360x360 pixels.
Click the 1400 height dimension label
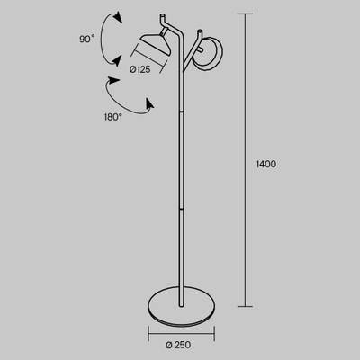tap(266, 164)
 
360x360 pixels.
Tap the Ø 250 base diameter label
tap(178, 345)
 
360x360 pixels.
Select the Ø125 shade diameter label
tap(140, 69)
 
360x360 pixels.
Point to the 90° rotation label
tap(87, 39)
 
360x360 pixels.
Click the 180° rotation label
tap(113, 117)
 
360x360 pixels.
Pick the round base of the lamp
tap(182, 307)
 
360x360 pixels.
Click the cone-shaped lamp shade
tap(156, 44)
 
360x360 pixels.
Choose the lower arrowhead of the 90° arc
tap(117, 60)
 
